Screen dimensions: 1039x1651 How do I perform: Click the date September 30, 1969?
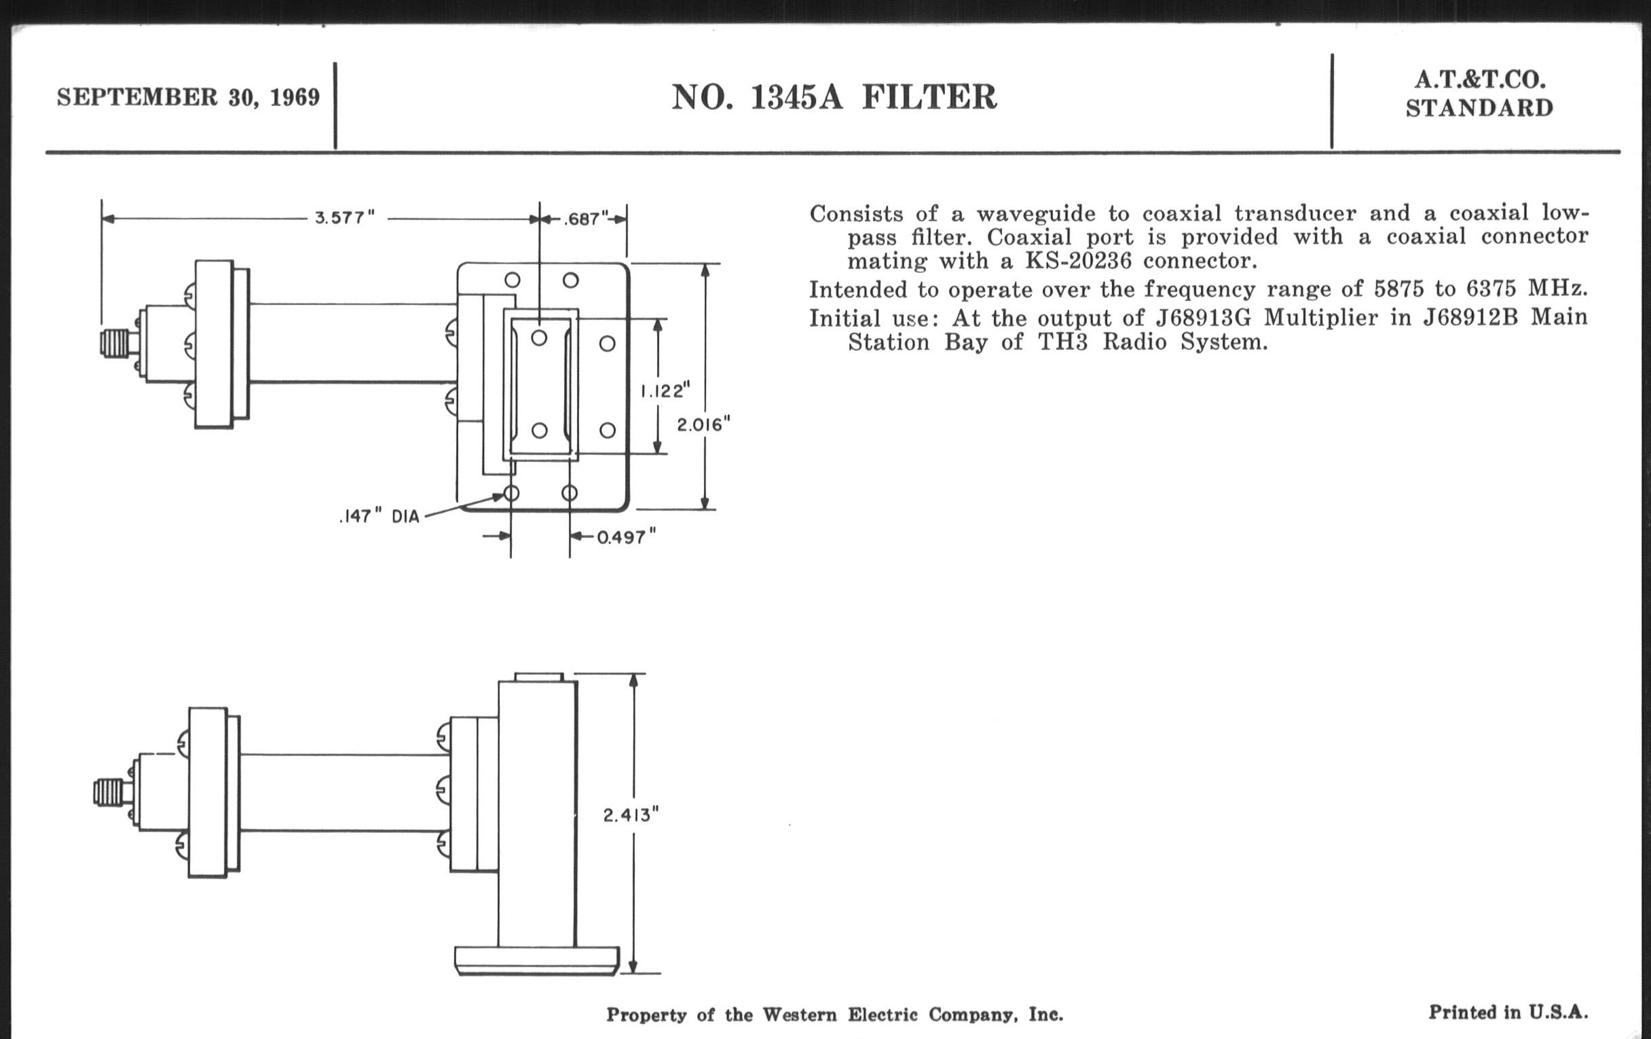tap(188, 97)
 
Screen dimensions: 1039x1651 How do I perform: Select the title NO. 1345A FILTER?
tap(834, 97)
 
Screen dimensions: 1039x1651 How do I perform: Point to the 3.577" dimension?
tap(345, 218)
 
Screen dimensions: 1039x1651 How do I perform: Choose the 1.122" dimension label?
tap(665, 391)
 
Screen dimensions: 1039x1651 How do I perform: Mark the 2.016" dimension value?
tap(703, 425)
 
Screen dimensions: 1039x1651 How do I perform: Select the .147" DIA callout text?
tap(379, 516)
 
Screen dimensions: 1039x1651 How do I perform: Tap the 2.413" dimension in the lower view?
tap(631, 815)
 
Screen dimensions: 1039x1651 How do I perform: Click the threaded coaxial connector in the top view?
tap(115, 343)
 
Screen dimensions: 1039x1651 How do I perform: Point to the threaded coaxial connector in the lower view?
tap(109, 792)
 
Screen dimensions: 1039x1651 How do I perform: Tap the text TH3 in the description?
tap(1062, 342)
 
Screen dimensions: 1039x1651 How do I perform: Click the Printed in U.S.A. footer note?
tap(1508, 1013)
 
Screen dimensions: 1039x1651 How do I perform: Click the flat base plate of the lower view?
tap(537, 960)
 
